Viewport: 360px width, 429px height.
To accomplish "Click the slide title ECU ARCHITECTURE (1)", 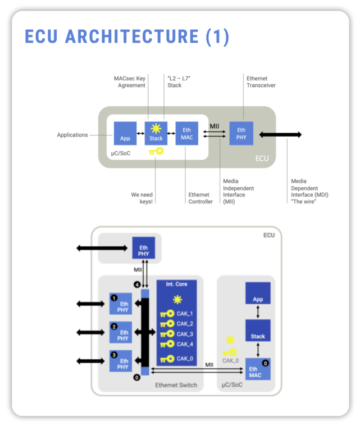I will point(127,37).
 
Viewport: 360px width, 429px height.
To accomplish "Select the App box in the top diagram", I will point(125,133).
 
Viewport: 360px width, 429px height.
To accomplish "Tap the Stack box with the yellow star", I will point(156,133).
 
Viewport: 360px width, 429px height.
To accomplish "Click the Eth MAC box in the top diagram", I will point(186,133).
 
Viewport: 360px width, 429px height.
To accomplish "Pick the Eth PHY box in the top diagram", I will point(241,133).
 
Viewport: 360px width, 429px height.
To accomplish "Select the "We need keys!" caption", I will point(143,198).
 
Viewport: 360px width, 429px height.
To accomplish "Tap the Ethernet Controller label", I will point(200,198).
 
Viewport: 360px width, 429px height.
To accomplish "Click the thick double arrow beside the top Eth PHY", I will point(280,134).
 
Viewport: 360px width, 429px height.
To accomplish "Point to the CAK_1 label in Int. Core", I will point(185,314).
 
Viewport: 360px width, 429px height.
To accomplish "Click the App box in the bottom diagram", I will point(258,293).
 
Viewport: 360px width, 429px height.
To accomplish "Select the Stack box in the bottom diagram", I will point(258,332).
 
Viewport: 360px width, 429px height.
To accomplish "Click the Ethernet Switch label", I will point(175,386).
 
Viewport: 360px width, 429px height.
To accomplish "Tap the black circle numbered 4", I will point(136,284).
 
